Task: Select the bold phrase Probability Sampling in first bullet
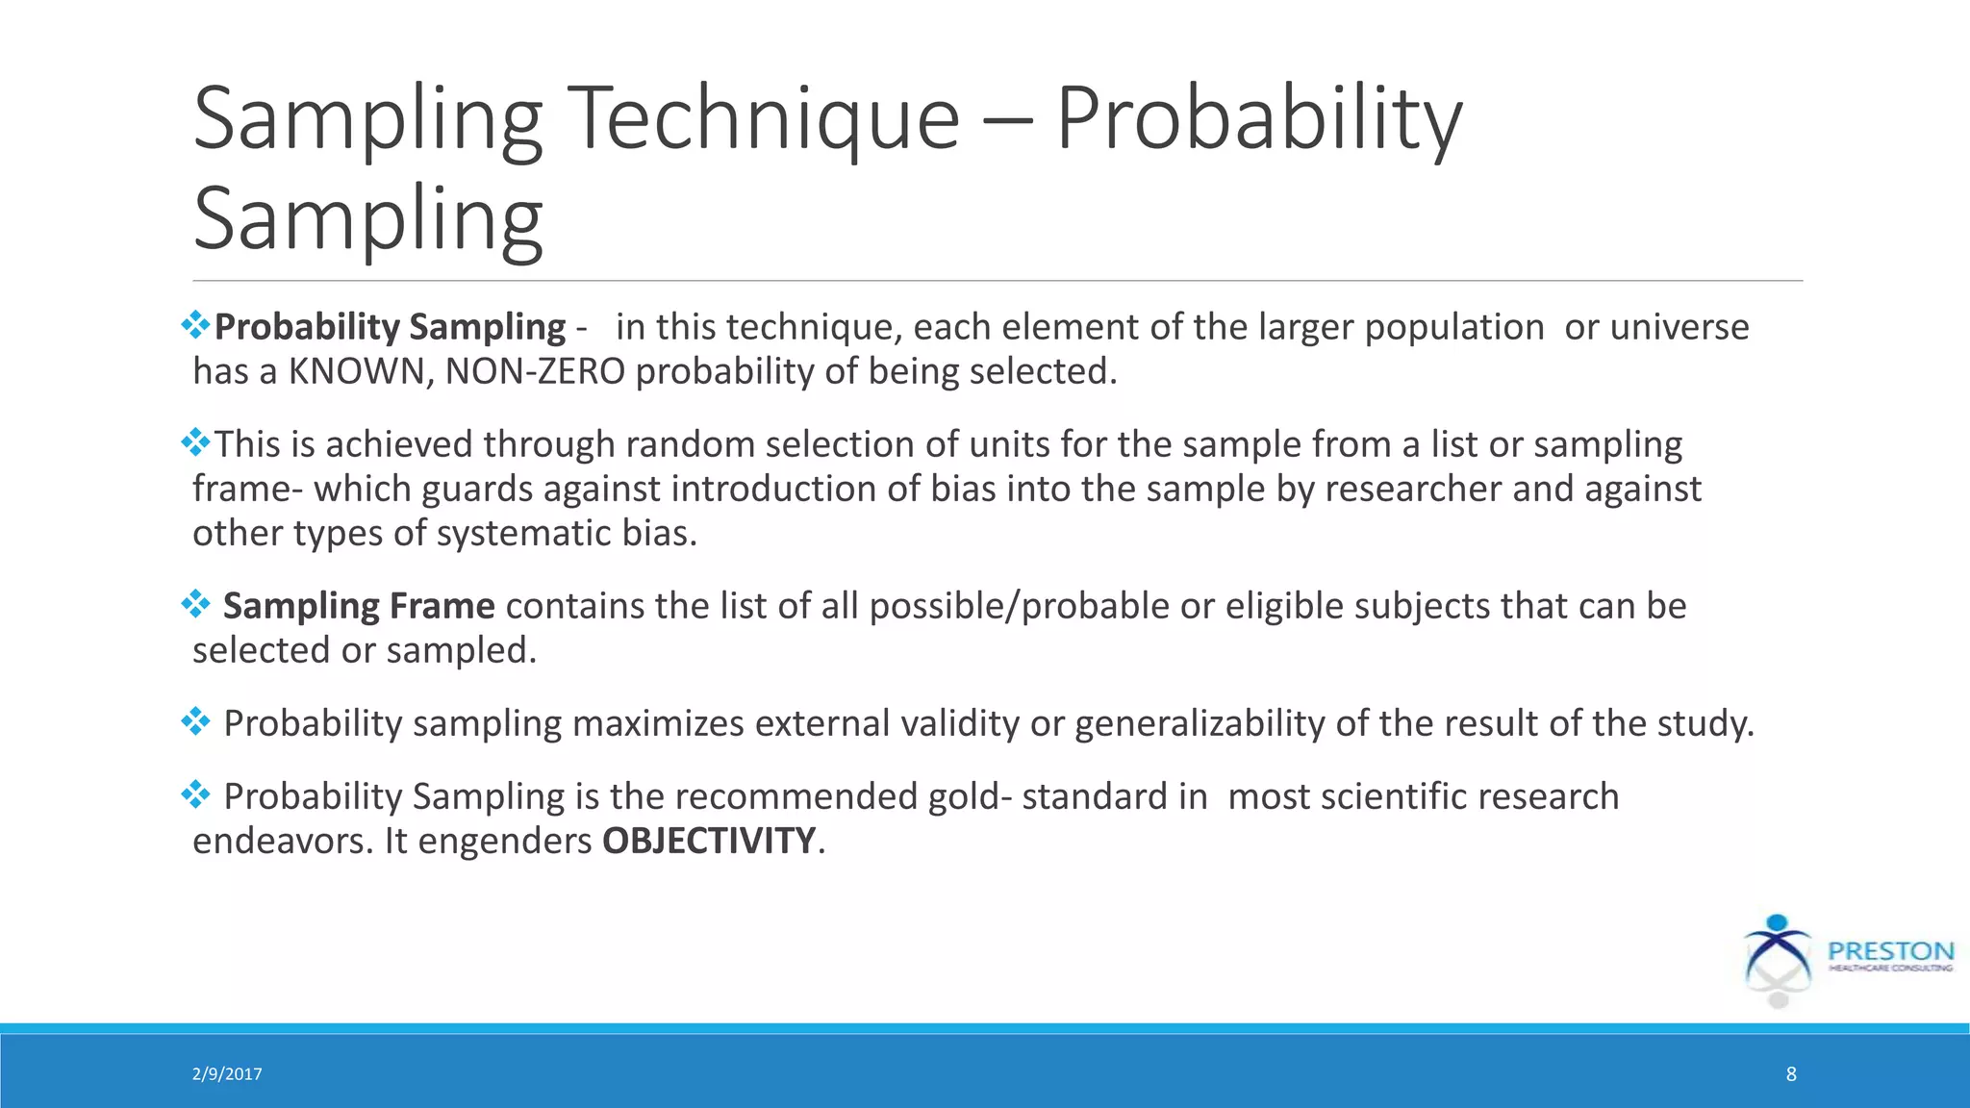pyautogui.click(x=390, y=327)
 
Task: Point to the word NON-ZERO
pyautogui.click(x=535, y=371)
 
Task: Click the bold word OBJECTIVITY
pyautogui.click(x=709, y=841)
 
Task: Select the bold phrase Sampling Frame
pyautogui.click(x=359, y=606)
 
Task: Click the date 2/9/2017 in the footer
pyautogui.click(x=227, y=1074)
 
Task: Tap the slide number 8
pyautogui.click(x=1791, y=1074)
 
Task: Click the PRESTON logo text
pyautogui.click(x=1890, y=951)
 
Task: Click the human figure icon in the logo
pyautogui.click(x=1777, y=958)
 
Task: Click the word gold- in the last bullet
pyautogui.click(x=970, y=796)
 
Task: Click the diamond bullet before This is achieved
pyautogui.click(x=195, y=442)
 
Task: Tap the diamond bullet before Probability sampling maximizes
pyautogui.click(x=195, y=721)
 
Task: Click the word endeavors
pyautogui.click(x=282, y=841)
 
